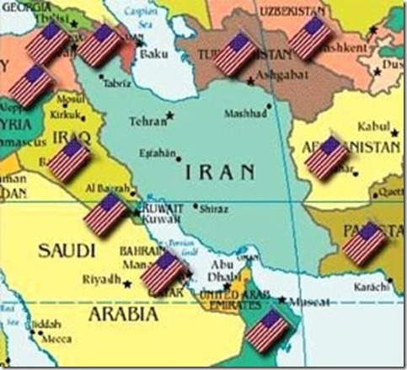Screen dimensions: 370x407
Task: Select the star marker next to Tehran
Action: click(x=171, y=115)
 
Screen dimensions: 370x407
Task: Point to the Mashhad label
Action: click(x=245, y=114)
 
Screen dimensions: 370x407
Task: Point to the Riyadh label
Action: click(x=101, y=279)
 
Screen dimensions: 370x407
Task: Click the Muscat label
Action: click(x=305, y=301)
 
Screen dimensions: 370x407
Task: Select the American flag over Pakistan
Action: click(x=365, y=244)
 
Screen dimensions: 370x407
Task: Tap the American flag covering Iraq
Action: click(x=68, y=160)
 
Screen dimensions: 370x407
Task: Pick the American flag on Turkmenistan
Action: click(x=236, y=53)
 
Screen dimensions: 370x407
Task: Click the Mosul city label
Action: click(x=69, y=99)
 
